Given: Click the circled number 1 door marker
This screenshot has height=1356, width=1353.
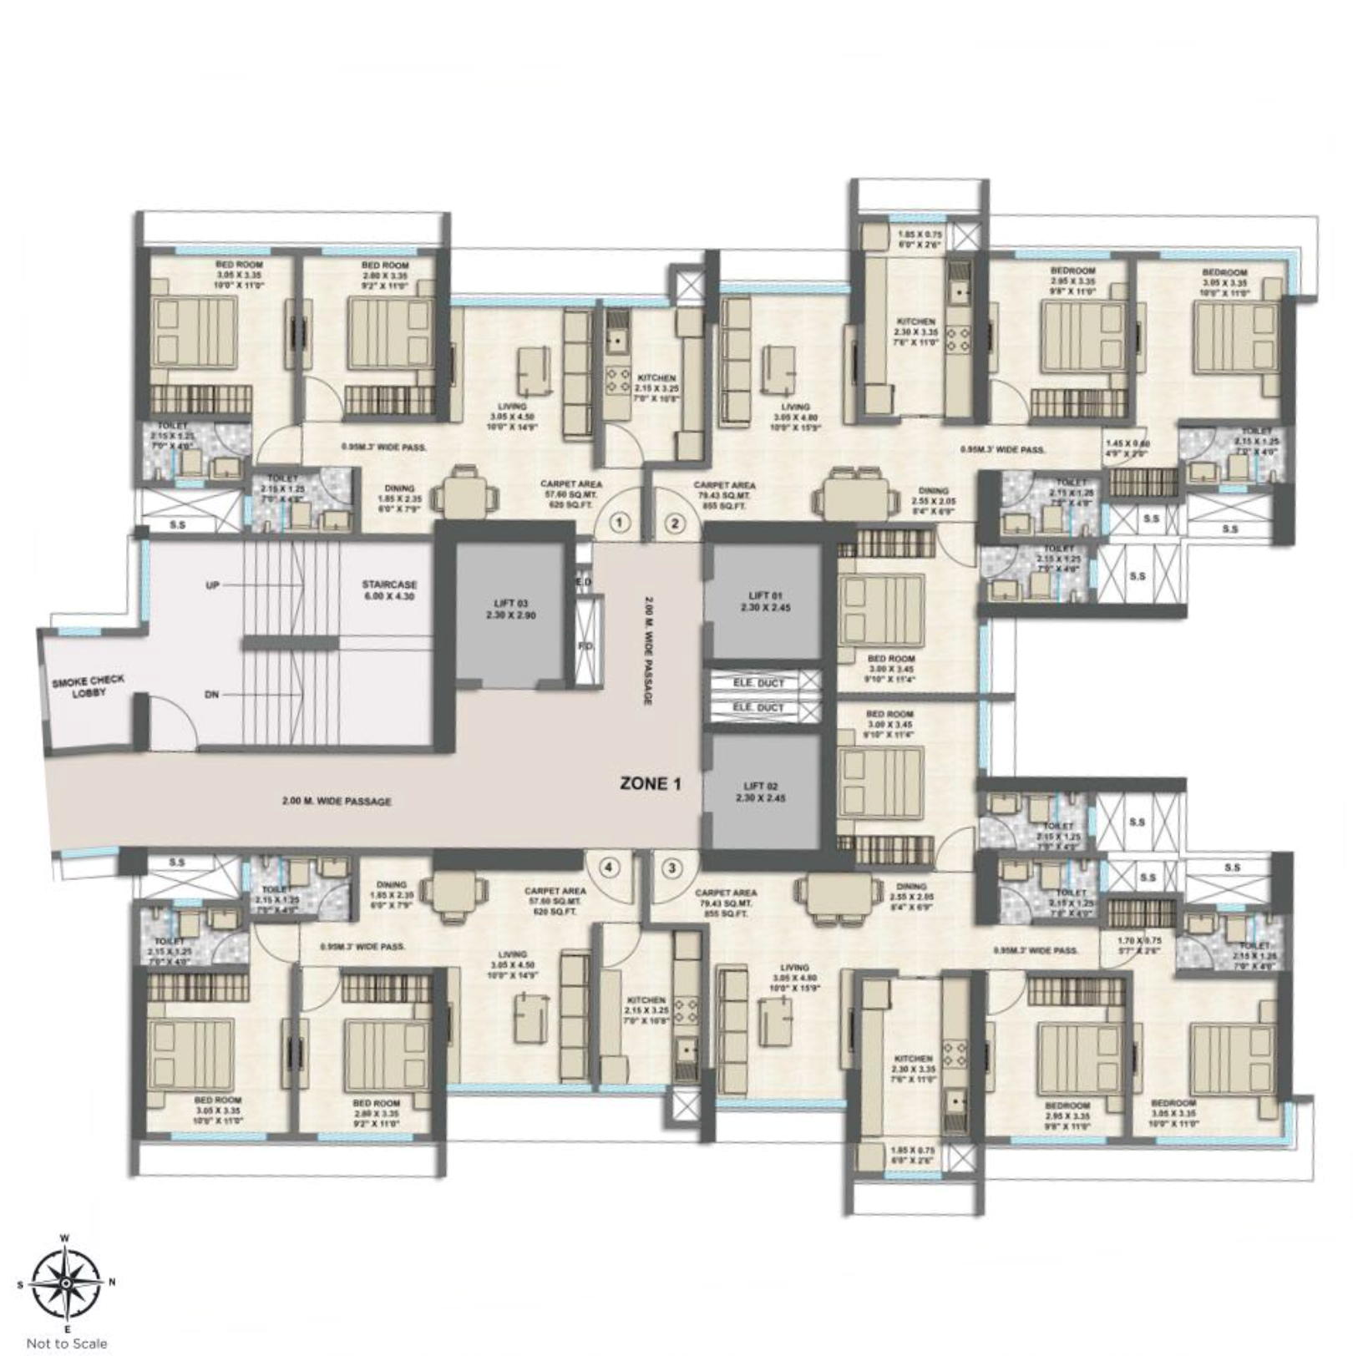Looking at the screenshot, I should click(x=618, y=524).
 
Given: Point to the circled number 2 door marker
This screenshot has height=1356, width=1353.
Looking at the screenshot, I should click(x=674, y=524).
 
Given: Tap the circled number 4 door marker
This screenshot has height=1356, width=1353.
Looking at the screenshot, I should click(x=609, y=868).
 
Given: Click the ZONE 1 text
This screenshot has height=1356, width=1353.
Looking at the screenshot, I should click(x=651, y=783).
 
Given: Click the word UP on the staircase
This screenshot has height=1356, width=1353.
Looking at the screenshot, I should click(x=212, y=585).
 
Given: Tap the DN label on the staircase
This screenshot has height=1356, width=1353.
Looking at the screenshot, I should click(x=211, y=694).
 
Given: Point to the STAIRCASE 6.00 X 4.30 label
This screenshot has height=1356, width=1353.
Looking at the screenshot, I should click(x=389, y=590).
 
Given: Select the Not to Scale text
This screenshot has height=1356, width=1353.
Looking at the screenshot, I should click(x=67, y=1343).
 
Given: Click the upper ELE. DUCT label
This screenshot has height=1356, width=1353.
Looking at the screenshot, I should click(x=758, y=682).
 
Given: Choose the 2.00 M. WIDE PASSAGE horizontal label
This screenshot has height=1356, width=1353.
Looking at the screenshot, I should click(x=337, y=802).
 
